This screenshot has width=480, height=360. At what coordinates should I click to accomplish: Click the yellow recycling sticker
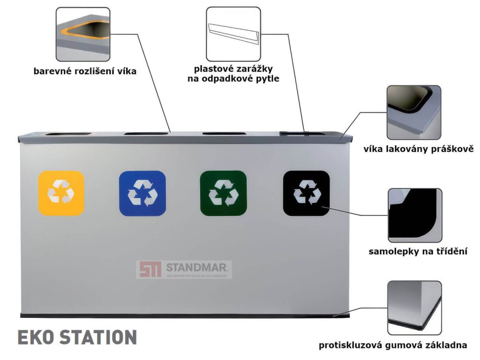61,193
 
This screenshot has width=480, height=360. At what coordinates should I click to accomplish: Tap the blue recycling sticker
142,193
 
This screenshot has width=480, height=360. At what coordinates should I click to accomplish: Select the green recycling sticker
223,193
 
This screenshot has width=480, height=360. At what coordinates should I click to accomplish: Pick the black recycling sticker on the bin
306,193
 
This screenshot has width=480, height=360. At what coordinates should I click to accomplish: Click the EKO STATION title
77,337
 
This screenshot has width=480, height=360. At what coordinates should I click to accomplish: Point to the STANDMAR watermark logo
184,270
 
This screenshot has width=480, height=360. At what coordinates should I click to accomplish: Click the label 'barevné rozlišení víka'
85,72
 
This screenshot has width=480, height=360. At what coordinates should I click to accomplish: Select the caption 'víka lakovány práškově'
419,150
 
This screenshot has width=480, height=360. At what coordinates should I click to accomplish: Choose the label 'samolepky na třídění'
419,252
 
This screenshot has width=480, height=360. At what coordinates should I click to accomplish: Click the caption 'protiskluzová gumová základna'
393,345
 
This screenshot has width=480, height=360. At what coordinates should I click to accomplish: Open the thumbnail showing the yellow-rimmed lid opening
83,34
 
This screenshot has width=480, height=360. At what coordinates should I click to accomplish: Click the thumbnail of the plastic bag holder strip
233,34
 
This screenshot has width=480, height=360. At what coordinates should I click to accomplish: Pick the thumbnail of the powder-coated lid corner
413,112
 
